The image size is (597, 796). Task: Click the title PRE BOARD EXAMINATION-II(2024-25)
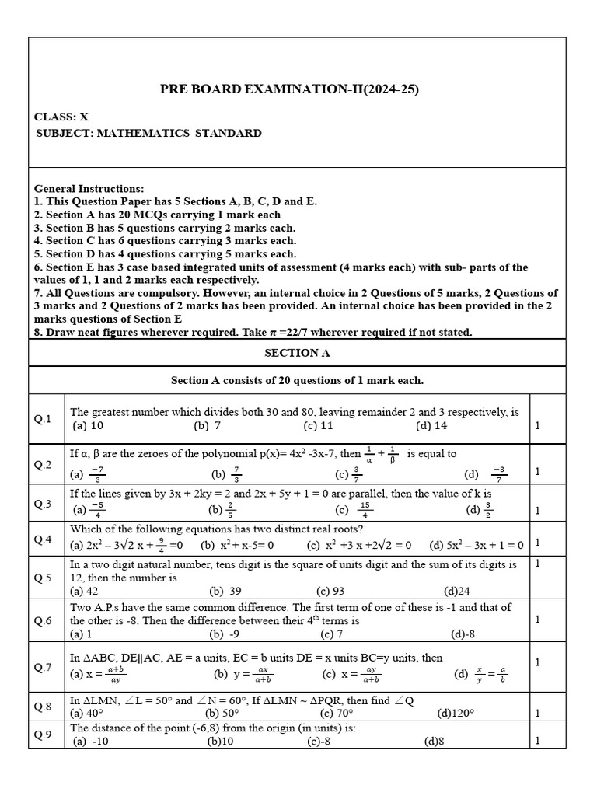[289, 89]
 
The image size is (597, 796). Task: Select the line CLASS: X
[61, 117]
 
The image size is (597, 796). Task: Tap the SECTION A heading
[298, 352]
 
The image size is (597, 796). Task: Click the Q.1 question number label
[43, 420]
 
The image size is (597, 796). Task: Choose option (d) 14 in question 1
[431, 426]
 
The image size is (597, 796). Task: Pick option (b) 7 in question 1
[208, 426]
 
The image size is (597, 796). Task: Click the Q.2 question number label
[43, 465]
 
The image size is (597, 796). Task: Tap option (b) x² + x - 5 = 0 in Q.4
[237, 545]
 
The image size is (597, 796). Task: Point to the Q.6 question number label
[43, 620]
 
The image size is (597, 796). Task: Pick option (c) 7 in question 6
[331, 634]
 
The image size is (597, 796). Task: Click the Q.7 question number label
[43, 667]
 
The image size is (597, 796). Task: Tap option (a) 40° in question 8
[87, 713]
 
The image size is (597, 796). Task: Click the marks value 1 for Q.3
[537, 511]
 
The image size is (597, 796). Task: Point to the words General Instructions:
[89, 189]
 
